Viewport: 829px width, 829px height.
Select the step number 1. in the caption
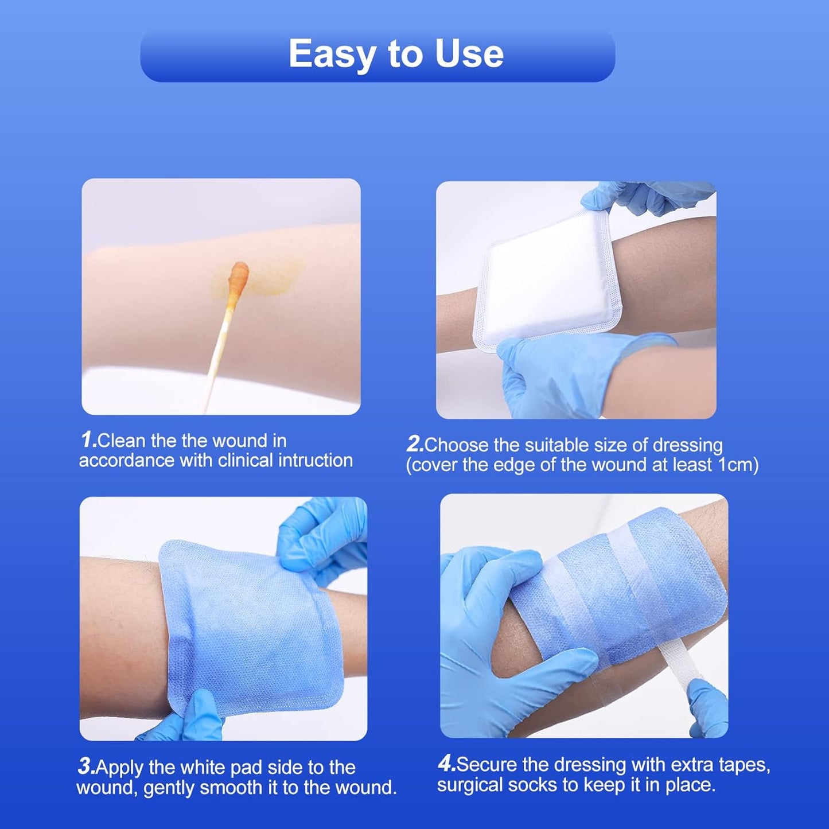point(88,441)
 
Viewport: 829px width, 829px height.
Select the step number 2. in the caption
point(415,445)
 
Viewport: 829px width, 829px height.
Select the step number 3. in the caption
point(87,767)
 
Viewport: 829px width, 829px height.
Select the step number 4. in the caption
point(447,764)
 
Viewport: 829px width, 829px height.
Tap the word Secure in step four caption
point(487,765)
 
